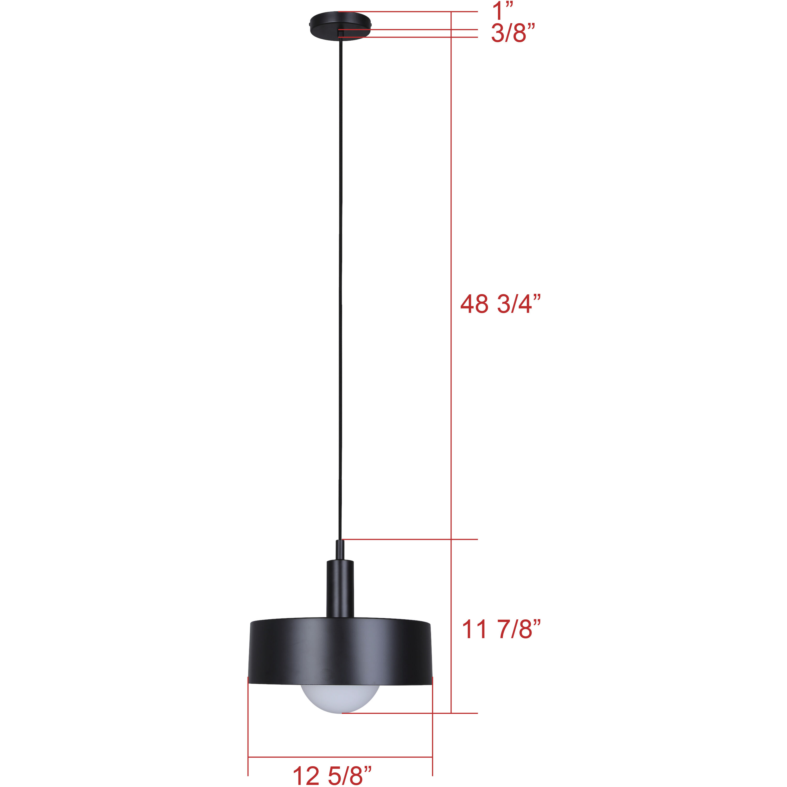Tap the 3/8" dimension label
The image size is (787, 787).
coord(512,33)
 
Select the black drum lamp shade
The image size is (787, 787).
coord(340,652)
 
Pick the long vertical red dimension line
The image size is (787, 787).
coord(451,367)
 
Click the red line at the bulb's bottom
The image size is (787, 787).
coord(407,713)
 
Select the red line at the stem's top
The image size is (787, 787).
coord(407,539)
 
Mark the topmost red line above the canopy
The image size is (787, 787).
coord(407,12)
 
